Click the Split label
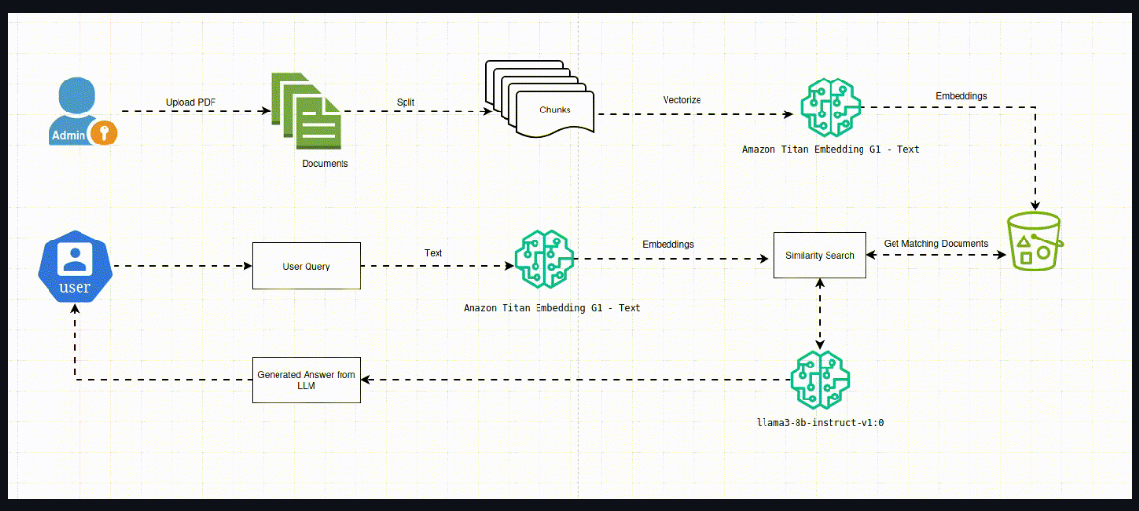(x=407, y=102)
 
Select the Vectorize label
(x=681, y=100)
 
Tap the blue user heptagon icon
(x=75, y=266)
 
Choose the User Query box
(x=306, y=266)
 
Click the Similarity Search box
(x=819, y=256)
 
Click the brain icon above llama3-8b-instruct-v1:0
(x=820, y=380)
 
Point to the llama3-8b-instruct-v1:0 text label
(x=820, y=424)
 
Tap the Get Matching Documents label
(x=935, y=243)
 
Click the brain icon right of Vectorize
(x=830, y=106)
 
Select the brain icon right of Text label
(x=544, y=259)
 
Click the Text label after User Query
(x=433, y=253)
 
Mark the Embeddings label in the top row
(x=961, y=96)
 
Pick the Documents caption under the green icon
(x=324, y=164)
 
